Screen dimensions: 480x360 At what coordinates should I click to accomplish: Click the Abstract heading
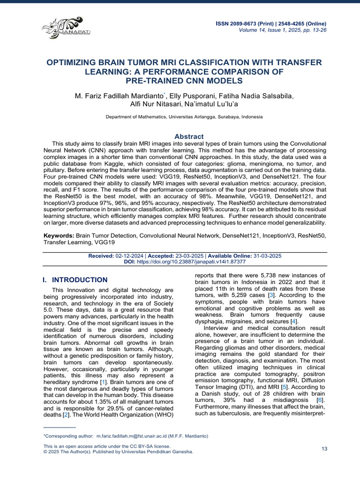click(189, 136)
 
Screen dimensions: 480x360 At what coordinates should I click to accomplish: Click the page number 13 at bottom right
click(324, 449)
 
